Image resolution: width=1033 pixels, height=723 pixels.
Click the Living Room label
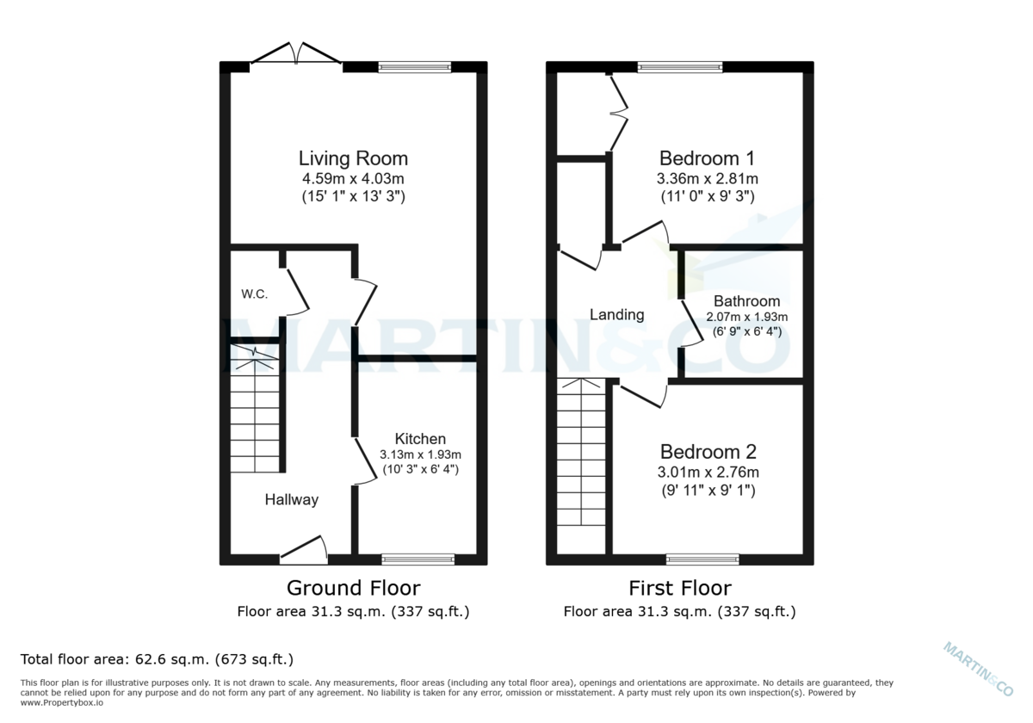click(x=353, y=158)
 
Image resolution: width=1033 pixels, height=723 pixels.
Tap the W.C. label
click(x=254, y=294)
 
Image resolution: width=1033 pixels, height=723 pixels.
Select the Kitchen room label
click(x=420, y=439)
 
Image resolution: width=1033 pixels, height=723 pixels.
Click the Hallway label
click(x=291, y=499)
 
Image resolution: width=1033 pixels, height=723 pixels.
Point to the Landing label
click(x=616, y=314)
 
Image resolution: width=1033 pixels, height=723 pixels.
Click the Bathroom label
click(x=746, y=301)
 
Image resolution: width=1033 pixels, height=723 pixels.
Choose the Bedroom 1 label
click(x=707, y=158)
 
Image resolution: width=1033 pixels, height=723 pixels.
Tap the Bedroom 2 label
click(x=707, y=452)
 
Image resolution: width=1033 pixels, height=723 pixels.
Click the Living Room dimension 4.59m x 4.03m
click(x=353, y=179)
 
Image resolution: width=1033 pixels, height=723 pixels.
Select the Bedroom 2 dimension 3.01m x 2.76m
click(x=707, y=473)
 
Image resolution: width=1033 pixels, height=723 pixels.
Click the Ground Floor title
click(x=353, y=588)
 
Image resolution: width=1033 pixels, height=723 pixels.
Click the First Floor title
click(x=679, y=588)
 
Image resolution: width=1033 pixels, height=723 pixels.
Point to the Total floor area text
click(x=157, y=659)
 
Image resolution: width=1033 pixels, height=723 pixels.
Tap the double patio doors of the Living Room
click(x=296, y=54)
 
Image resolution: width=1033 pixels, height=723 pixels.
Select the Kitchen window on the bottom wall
click(x=418, y=559)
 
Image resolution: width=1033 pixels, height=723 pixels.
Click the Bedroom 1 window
click(x=679, y=67)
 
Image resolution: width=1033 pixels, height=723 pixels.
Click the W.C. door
click(x=297, y=291)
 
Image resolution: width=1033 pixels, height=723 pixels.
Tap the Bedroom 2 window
click(x=702, y=559)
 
